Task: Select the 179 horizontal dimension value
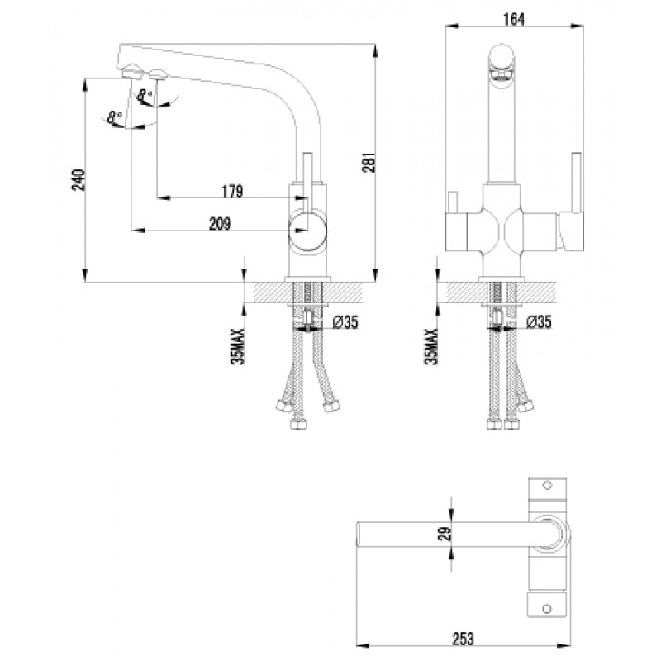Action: (x=232, y=193)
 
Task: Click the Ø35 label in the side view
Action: (x=345, y=323)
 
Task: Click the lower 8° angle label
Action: (x=115, y=117)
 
